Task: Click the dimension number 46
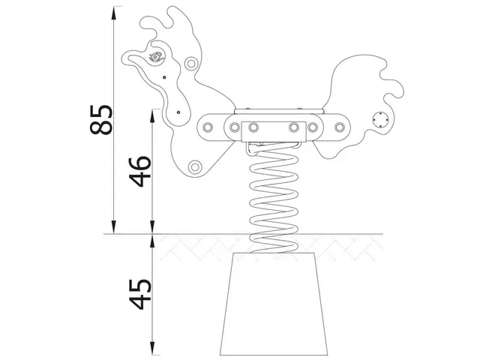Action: [141, 171]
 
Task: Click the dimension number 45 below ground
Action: [141, 293]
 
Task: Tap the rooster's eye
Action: [156, 57]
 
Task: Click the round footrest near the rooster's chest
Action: [195, 166]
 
